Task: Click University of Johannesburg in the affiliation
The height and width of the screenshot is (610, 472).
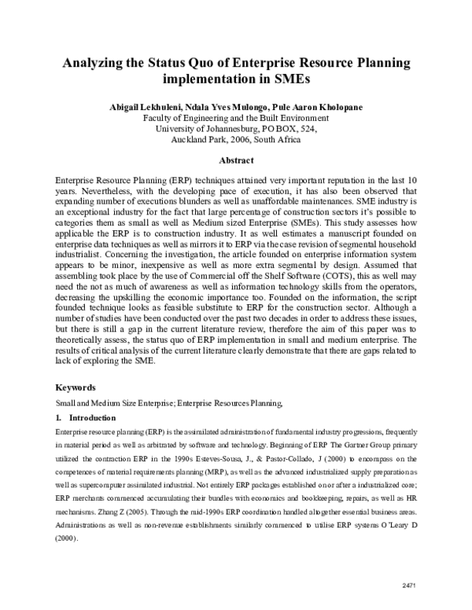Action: pyautogui.click(x=208, y=129)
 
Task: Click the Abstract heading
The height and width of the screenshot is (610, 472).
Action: pyautogui.click(x=235, y=160)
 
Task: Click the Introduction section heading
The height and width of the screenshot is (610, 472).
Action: pyautogui.click(x=92, y=417)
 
